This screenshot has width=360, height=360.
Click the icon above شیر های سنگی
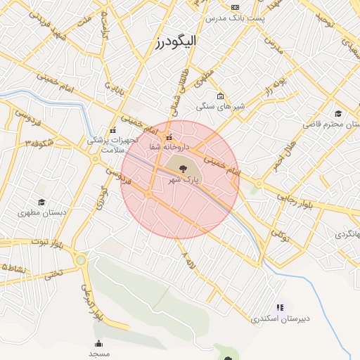tap(220, 96)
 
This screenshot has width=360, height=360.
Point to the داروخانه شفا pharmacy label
tap(168, 147)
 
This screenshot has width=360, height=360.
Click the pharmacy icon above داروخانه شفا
tap(168, 136)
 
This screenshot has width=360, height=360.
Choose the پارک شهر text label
tap(184, 180)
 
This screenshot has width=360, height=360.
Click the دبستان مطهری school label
tap(41, 212)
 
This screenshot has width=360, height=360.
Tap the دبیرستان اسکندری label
tap(281, 319)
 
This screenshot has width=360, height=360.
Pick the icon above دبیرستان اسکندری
tap(280, 307)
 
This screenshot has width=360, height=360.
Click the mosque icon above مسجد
tap(99, 343)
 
